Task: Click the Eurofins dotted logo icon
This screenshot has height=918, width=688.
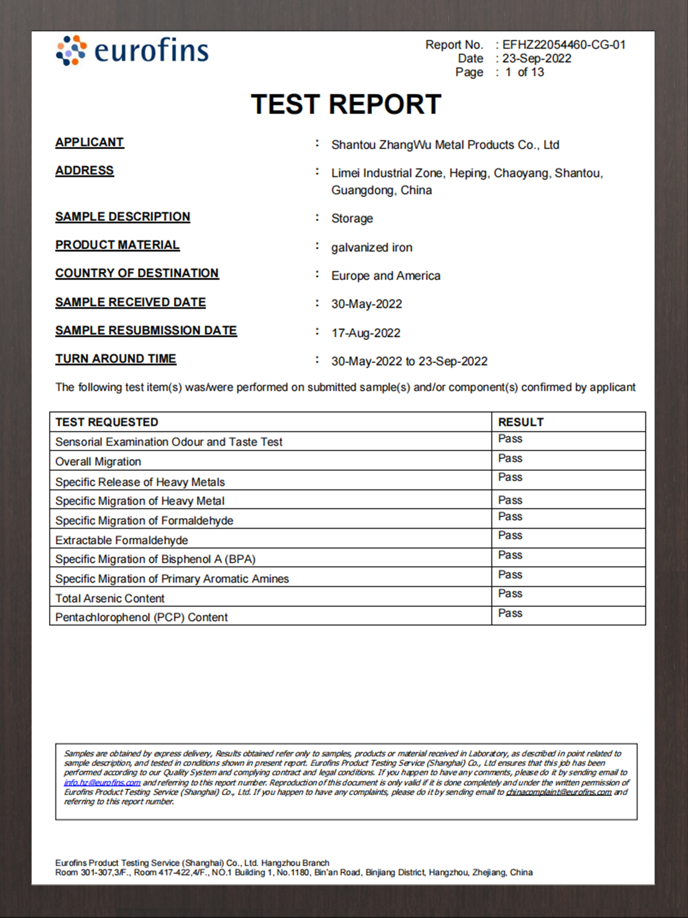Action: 71,50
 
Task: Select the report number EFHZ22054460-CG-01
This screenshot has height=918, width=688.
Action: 564,45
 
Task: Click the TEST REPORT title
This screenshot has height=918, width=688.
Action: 346,104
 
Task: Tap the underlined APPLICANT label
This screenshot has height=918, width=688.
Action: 89,142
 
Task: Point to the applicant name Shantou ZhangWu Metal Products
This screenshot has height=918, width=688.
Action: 445,145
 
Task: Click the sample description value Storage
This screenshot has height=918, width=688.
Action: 352,218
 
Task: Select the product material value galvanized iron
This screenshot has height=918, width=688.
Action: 372,247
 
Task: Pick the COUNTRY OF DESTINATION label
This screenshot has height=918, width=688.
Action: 137,273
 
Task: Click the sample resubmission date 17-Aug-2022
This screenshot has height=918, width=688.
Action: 366,333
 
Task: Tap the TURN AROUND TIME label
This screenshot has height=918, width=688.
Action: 116,358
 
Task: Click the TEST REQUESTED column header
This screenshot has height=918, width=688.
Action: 106,422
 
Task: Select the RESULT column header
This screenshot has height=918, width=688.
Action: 521,422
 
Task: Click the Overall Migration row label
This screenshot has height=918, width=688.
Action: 98,461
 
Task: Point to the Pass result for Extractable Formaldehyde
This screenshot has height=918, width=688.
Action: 510,535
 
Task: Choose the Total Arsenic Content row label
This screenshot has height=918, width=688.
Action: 110,598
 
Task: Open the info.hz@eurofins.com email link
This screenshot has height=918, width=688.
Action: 102,783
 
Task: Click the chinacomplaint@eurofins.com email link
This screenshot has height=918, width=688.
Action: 559,792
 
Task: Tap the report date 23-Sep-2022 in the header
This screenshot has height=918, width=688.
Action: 537,59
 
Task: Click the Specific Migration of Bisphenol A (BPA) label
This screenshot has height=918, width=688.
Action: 155,559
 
